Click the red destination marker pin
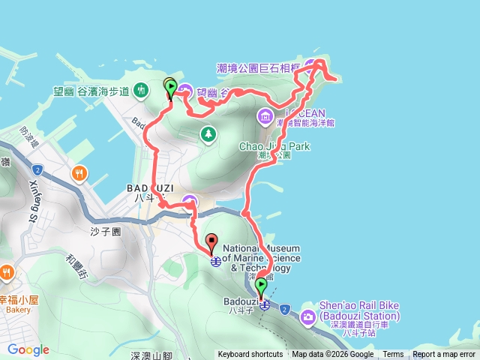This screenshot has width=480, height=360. pos(211,244)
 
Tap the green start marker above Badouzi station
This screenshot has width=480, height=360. pos(261,286)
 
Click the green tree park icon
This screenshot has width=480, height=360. pos(208,134)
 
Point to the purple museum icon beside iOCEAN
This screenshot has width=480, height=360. pos(265,116)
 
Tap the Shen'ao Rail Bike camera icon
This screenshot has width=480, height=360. pos(308,318)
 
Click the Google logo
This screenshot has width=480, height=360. pos(28,349)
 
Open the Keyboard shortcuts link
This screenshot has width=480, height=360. pos(250,355)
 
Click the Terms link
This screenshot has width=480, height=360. pos(393,355)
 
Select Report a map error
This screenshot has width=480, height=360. pos(443,355)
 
